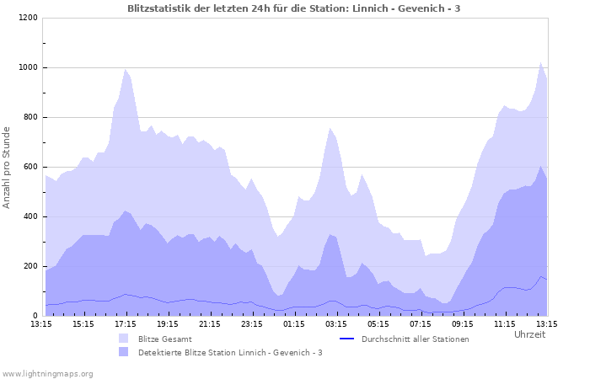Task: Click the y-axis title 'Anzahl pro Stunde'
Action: point(8,167)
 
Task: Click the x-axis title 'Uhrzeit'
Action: point(529,334)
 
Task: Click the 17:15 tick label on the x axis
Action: point(126,323)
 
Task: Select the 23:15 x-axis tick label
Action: point(252,323)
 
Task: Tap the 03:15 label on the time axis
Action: point(336,323)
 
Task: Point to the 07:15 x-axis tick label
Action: point(421,323)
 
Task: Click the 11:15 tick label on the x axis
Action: point(505,323)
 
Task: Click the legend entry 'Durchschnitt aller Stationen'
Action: point(415,339)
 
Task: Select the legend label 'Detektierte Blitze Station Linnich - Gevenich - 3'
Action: point(230,352)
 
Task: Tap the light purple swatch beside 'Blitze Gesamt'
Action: point(125,339)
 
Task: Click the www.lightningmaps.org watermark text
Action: point(47,373)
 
